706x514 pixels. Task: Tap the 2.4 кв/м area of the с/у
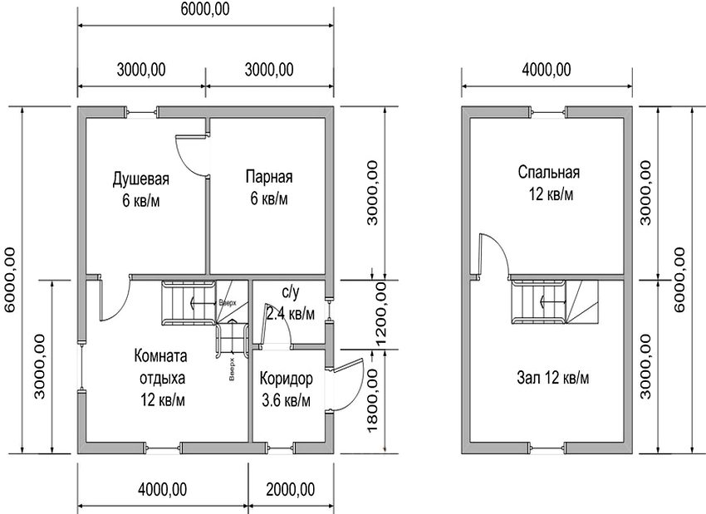tap(291, 314)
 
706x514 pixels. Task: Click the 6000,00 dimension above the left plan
tap(205, 10)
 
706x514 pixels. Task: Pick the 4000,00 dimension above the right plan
tap(546, 70)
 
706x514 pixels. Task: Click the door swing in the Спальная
tap(493, 253)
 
